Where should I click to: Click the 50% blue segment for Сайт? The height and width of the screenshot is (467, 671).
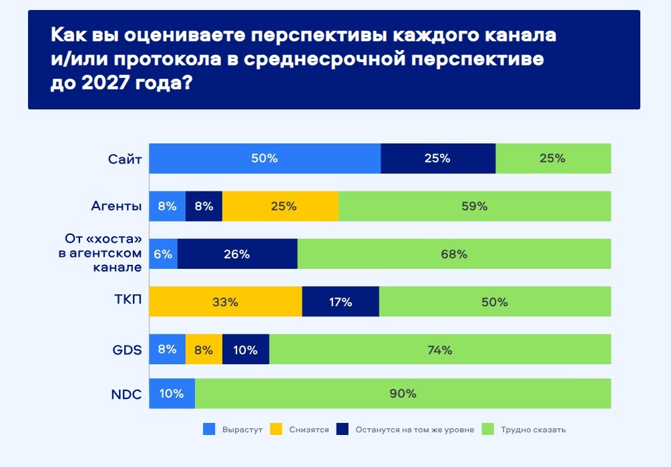[x=264, y=159]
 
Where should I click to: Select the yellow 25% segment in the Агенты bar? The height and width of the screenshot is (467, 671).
[x=280, y=206]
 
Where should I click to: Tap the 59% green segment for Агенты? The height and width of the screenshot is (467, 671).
[x=475, y=206]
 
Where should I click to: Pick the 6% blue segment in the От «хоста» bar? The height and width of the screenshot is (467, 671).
[x=163, y=254]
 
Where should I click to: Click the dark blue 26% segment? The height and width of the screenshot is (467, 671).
[x=237, y=254]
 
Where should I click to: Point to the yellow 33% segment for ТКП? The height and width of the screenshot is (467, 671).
[x=226, y=302]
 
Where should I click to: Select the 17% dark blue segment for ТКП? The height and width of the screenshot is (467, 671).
[x=341, y=302]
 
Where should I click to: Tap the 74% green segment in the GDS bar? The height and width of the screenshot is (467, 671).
[x=440, y=350]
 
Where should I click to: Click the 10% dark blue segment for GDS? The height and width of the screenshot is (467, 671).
[x=246, y=350]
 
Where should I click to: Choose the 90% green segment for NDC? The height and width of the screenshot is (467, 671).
[x=403, y=394]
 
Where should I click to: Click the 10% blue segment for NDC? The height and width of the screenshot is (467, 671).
[x=172, y=394]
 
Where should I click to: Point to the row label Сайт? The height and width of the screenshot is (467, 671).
[x=125, y=159]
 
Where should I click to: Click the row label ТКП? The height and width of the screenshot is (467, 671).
[x=128, y=302]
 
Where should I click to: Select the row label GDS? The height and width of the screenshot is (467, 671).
[x=126, y=350]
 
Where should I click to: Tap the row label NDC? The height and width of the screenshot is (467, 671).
[x=126, y=394]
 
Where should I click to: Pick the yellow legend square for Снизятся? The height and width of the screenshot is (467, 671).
[x=276, y=430]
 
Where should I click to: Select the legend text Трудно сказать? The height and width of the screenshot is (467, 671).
[x=533, y=430]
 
